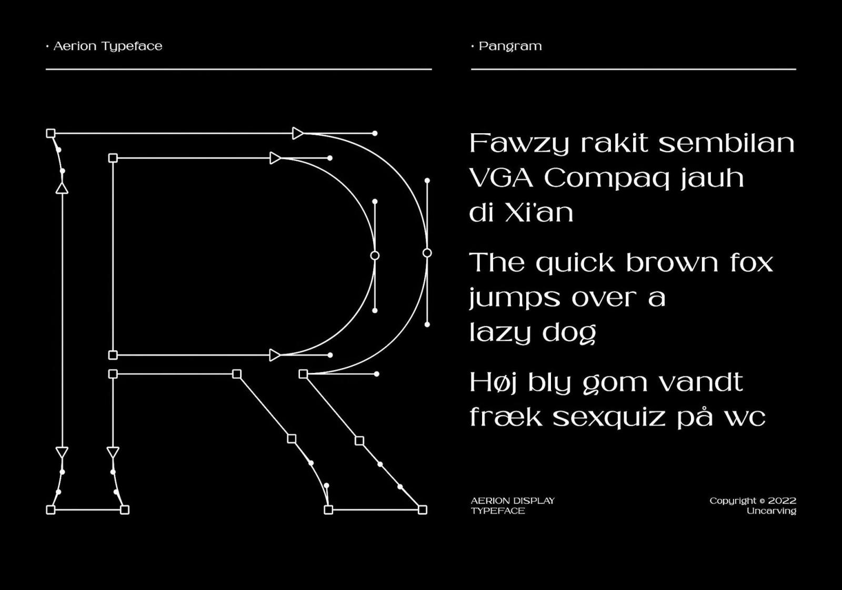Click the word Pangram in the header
(510, 47)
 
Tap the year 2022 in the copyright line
(782, 501)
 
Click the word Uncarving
(771, 511)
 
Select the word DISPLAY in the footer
(534, 501)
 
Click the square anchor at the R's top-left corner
(51, 133)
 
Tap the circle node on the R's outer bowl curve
(427, 253)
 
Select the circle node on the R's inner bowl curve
(375, 256)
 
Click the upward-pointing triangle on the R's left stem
(62, 188)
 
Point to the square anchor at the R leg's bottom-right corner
(423, 510)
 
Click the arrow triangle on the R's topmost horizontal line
(298, 133)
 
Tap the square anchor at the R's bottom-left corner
(51, 510)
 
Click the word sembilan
(727, 143)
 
